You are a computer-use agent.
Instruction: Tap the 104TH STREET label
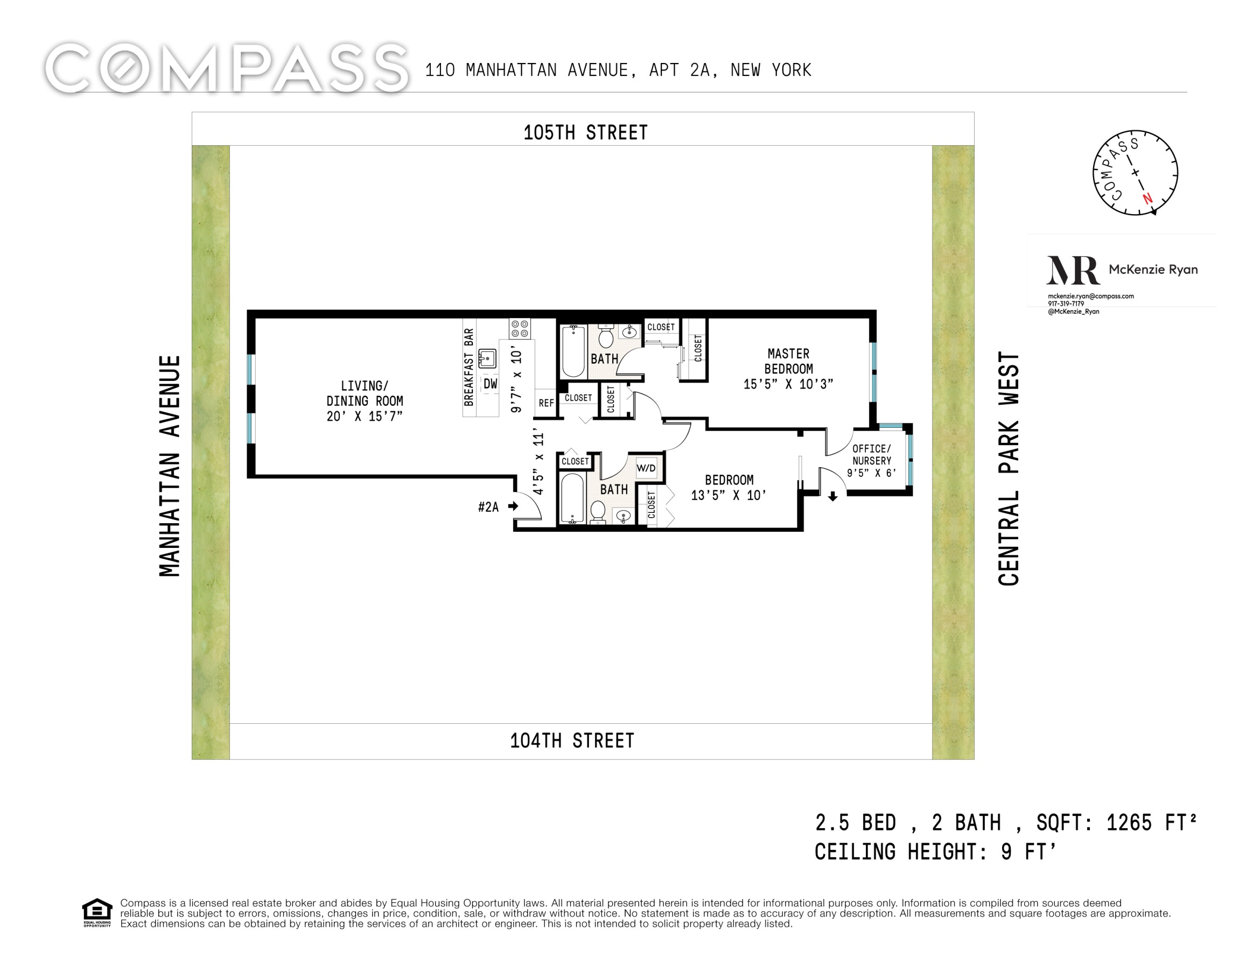click(572, 740)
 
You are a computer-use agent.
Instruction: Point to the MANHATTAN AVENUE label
click(170, 466)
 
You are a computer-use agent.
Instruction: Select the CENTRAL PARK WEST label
click(1009, 468)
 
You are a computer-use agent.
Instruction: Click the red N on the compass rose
click(1147, 199)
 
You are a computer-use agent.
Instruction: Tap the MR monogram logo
click(1073, 270)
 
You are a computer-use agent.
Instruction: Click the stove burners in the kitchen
click(519, 329)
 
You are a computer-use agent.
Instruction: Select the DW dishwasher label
click(491, 384)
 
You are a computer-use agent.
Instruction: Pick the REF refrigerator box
click(546, 402)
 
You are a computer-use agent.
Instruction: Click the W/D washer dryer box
click(646, 468)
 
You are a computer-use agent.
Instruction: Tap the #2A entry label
click(488, 506)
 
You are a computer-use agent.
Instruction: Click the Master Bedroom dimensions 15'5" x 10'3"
click(788, 384)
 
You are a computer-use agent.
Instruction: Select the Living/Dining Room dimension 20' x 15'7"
click(365, 416)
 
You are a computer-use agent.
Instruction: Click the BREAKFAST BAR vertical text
click(468, 367)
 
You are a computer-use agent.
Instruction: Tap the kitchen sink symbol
click(487, 359)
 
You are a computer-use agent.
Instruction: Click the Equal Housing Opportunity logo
click(97, 912)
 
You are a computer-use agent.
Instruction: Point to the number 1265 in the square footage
click(1129, 822)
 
